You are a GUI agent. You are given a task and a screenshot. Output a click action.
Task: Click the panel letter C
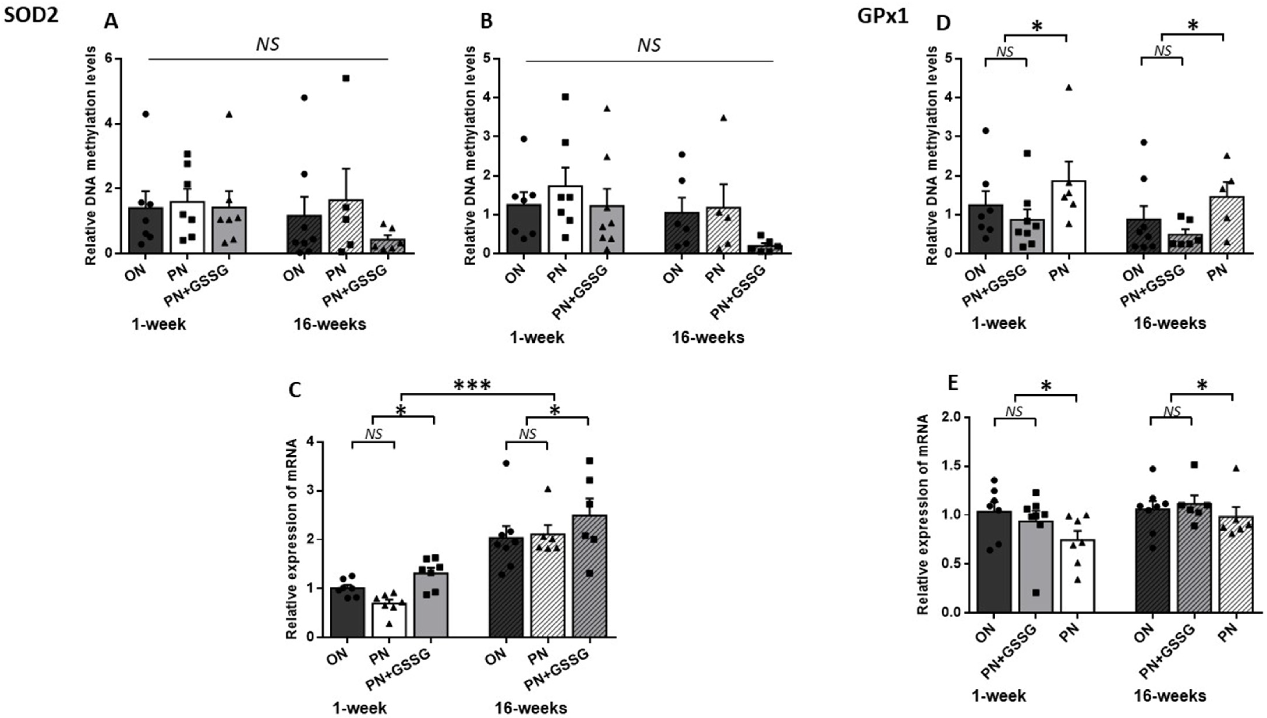(294, 390)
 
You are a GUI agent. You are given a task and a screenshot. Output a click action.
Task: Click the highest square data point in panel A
(346, 78)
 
